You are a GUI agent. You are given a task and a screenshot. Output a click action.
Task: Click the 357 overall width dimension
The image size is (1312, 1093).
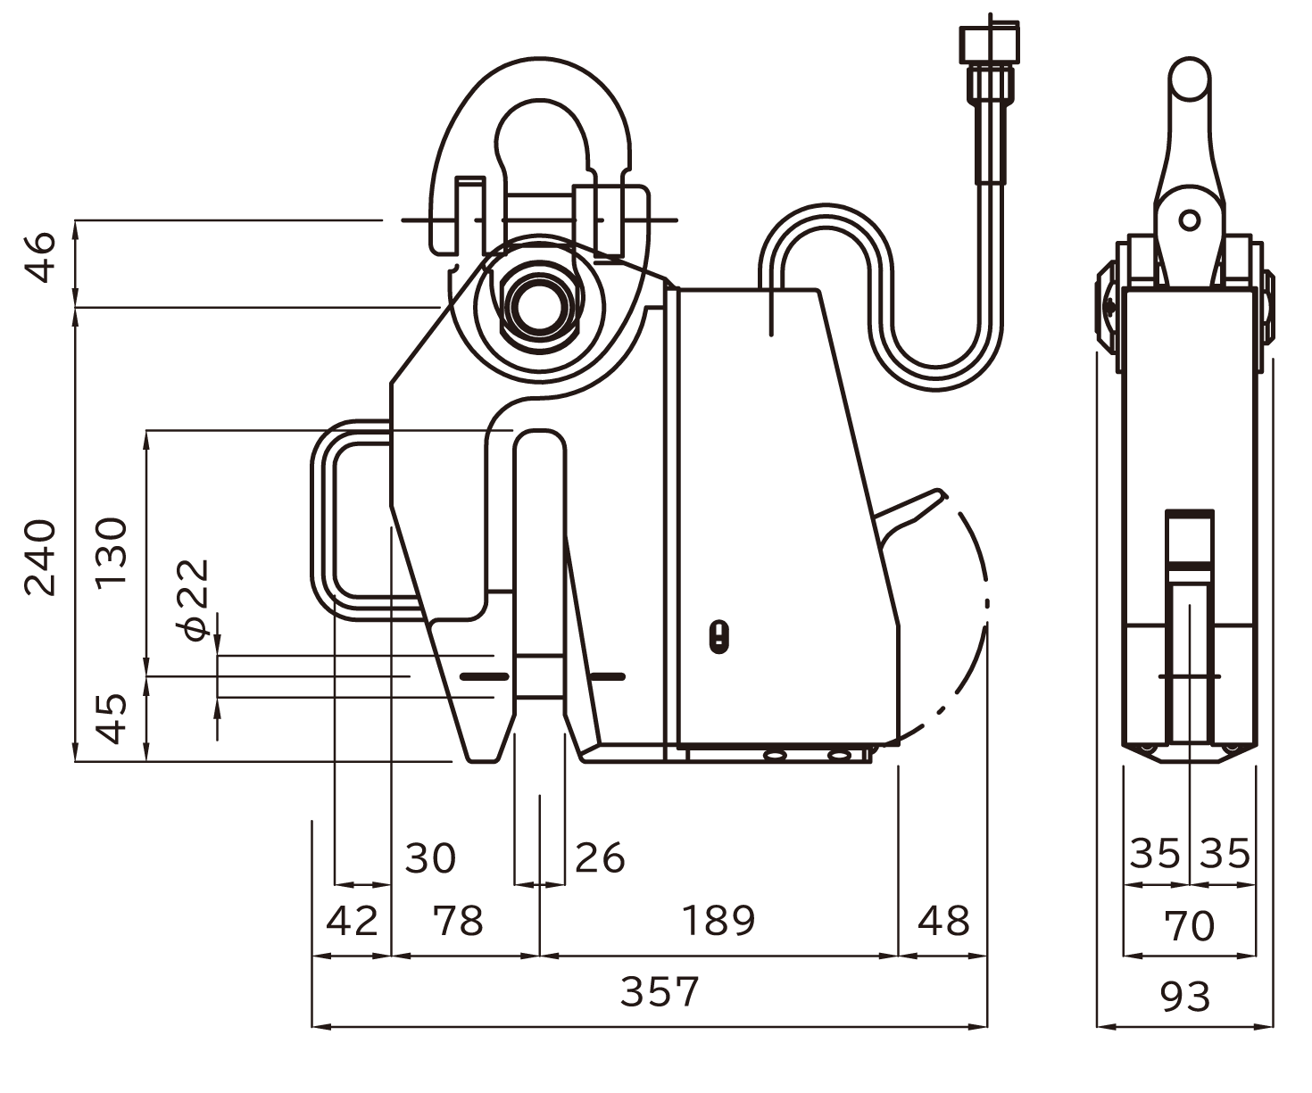[x=660, y=992]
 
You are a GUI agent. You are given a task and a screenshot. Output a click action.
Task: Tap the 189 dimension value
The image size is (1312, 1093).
[x=718, y=921]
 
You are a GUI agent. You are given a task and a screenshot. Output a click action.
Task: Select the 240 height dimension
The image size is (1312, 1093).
[x=40, y=557]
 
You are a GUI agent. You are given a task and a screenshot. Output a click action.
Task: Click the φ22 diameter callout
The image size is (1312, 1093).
[x=192, y=600]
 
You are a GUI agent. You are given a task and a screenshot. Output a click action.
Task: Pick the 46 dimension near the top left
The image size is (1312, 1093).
[x=40, y=258]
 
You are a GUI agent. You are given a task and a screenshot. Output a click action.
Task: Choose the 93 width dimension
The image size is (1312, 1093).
[x=1185, y=997]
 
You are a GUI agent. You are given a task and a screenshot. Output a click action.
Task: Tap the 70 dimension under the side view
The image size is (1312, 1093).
[x=1190, y=926]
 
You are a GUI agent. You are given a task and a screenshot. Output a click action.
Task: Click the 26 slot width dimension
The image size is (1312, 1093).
[x=600, y=858]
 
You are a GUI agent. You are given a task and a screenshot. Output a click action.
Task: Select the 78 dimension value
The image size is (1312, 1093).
[x=458, y=921]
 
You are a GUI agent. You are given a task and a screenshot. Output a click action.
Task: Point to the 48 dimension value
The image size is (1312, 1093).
[x=943, y=921]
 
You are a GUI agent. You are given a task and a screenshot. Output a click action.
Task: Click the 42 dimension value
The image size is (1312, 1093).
[x=352, y=921]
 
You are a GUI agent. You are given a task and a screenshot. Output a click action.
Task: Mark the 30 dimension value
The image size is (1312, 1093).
[x=430, y=858]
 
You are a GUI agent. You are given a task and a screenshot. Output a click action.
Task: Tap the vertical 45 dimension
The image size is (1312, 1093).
[x=112, y=718]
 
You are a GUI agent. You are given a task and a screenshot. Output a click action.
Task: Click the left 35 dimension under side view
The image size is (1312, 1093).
[x=1155, y=853]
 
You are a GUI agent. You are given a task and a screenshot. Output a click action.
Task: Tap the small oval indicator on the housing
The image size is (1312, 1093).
[x=719, y=638]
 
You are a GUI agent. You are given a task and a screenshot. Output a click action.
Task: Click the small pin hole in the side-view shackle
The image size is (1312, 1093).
[x=1189, y=220]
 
